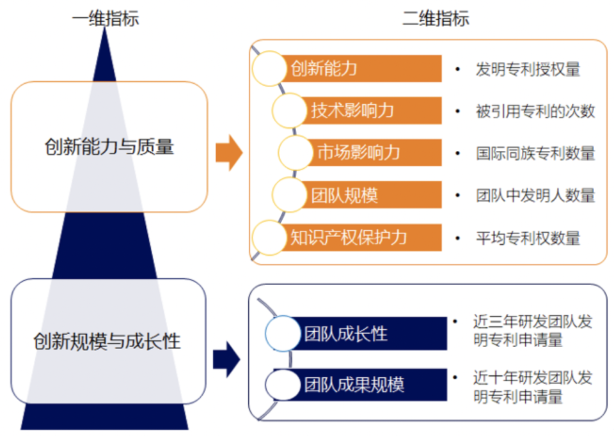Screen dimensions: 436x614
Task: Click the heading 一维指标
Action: (105, 19)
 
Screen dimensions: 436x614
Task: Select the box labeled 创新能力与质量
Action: (109, 147)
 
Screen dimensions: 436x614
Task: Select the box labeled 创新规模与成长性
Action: (107, 341)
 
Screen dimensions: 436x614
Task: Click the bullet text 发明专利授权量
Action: (528, 69)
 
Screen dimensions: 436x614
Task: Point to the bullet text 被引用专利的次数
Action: (535, 111)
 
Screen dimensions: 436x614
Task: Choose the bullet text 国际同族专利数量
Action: (535, 153)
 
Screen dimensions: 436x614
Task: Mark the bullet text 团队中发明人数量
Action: (535, 195)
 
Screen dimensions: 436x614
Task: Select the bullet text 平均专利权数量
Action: (528, 238)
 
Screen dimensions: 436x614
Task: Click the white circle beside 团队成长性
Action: (282, 334)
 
